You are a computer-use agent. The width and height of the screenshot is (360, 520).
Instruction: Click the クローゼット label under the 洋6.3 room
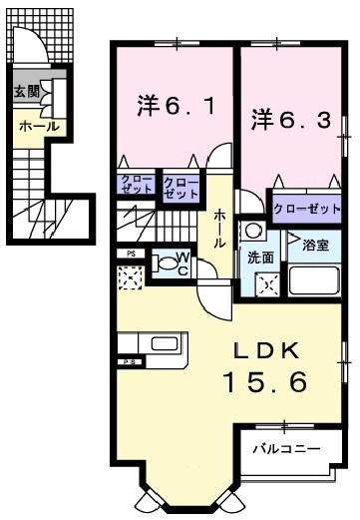pyautogui.click(x=306, y=209)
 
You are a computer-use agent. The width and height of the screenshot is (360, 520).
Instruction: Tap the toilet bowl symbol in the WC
pyautogui.click(x=162, y=264)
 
